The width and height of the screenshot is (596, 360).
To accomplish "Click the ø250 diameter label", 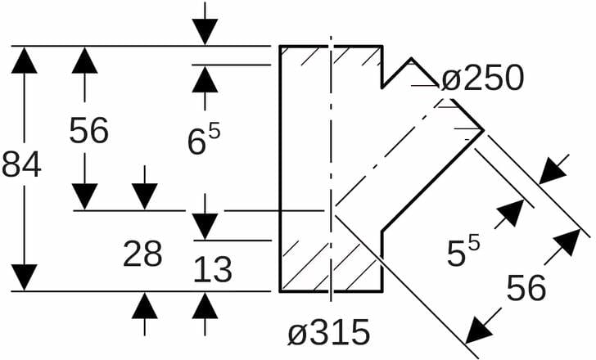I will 481,79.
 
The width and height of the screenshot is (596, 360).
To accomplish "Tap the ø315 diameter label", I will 329,333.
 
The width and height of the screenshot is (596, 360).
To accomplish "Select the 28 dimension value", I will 142,255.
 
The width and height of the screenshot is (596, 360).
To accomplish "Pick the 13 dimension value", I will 213,269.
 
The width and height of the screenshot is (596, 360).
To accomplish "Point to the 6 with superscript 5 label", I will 205,140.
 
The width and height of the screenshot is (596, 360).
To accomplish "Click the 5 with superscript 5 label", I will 463,253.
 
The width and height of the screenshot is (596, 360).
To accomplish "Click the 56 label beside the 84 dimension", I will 88,131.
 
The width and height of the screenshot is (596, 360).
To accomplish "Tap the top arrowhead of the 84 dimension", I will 26,61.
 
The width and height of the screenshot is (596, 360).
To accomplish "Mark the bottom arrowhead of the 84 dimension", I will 26,277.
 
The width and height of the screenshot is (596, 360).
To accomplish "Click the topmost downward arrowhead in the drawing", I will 205,31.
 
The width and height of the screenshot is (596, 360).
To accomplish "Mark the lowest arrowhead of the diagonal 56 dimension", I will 479,330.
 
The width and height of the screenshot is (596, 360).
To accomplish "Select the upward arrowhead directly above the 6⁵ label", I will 205,79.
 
